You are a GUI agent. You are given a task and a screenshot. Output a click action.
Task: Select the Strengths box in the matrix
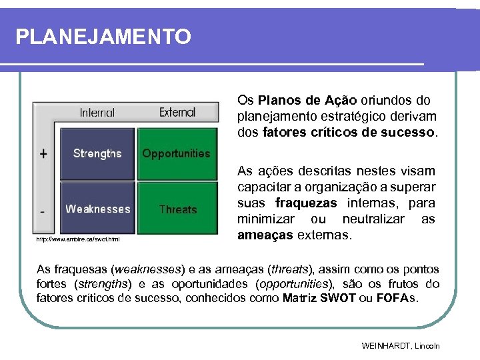point(97,153)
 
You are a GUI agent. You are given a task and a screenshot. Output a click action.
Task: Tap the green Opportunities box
point(177,153)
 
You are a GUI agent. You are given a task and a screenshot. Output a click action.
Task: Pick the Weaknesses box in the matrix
point(97,209)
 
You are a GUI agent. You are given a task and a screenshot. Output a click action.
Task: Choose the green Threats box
point(177,209)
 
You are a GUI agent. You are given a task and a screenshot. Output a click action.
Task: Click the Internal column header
point(97,113)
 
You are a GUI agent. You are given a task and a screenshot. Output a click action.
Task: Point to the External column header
point(177,113)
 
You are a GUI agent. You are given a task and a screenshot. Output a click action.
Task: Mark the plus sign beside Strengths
point(43,153)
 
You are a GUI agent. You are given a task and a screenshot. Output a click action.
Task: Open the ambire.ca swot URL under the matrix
point(77,239)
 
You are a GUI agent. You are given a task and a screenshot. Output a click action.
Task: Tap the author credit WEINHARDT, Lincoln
point(401,346)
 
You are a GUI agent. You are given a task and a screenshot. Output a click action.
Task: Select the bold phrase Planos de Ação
point(307,101)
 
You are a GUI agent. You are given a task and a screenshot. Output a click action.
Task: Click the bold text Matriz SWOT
point(318,298)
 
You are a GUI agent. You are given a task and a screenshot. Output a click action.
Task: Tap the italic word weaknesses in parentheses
point(147,270)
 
